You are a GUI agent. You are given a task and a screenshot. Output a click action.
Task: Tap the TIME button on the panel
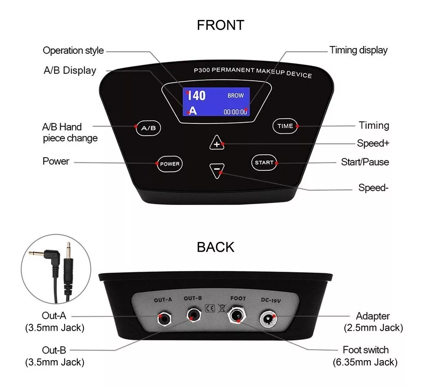(285, 126)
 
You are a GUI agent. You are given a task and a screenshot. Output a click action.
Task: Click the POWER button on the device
(169, 164)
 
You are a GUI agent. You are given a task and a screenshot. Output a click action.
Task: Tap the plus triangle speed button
(217, 143)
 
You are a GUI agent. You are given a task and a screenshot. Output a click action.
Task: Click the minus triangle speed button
(217, 170)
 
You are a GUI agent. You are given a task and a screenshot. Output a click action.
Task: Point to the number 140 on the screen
(196, 96)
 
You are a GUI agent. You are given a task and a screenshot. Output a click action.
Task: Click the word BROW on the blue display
(235, 95)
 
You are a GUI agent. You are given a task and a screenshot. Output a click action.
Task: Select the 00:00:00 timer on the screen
(235, 112)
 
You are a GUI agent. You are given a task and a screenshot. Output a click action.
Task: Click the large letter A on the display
(193, 111)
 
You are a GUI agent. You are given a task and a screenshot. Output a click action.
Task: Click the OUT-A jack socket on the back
(164, 319)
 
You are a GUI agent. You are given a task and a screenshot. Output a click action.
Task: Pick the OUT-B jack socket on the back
(194, 315)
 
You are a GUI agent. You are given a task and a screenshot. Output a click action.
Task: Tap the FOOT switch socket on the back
(237, 315)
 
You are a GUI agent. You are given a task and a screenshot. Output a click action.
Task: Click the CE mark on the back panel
(210, 308)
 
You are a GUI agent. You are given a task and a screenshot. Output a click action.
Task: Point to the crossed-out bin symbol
(222, 308)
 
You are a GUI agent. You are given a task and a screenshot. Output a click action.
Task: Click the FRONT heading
(220, 25)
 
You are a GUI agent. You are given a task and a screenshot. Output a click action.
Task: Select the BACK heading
(215, 247)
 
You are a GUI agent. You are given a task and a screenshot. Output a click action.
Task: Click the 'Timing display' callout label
(358, 50)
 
